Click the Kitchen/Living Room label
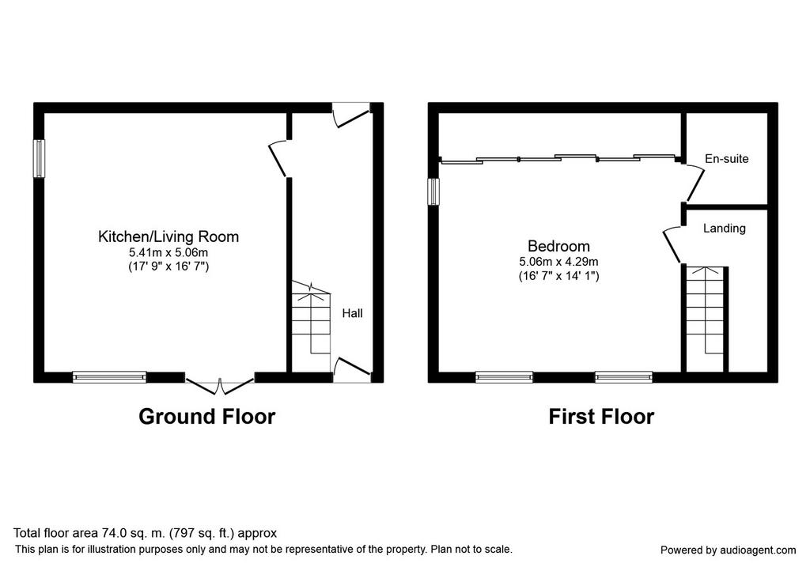[x=168, y=236]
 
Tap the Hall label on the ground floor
[x=352, y=313]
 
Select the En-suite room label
[x=726, y=158]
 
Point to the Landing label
[x=725, y=229]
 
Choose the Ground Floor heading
[x=206, y=416]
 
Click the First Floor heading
[x=601, y=416]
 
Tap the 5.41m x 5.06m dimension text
[x=168, y=252]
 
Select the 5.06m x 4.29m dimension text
[x=558, y=262]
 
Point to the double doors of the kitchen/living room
[x=220, y=386]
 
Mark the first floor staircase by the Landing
[x=705, y=318]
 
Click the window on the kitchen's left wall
[x=40, y=158]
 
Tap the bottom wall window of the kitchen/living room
[x=109, y=377]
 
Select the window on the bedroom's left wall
[x=433, y=191]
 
